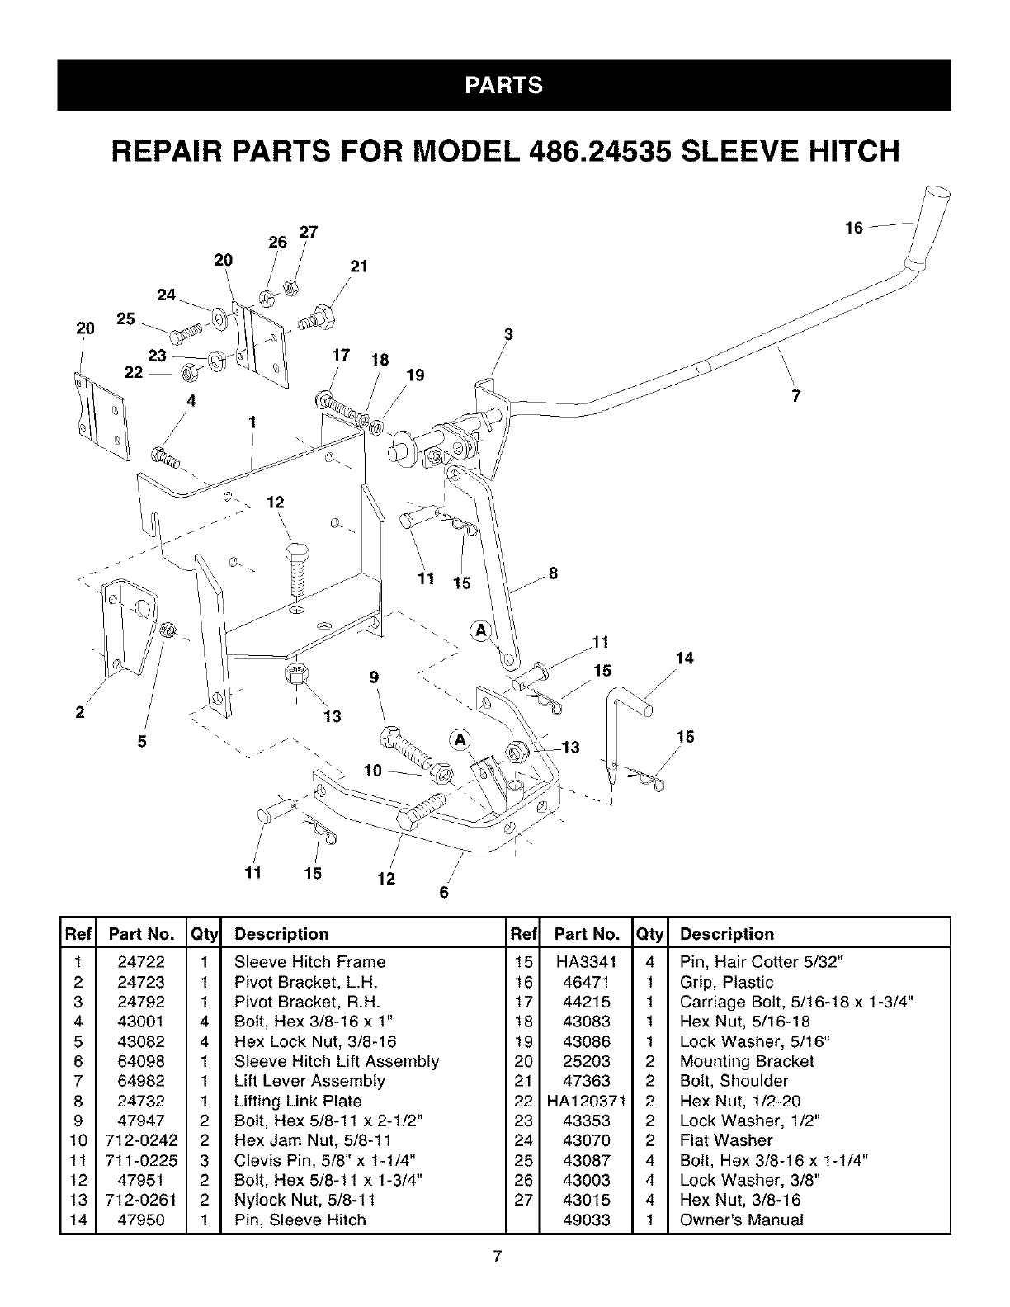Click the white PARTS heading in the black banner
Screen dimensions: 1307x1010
click(503, 86)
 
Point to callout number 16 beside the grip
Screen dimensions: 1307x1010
click(854, 228)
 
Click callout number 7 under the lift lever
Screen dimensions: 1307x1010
click(795, 396)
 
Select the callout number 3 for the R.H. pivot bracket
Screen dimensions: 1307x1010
click(508, 334)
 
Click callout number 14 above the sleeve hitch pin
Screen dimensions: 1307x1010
click(684, 658)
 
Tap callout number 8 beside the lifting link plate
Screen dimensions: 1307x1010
click(554, 573)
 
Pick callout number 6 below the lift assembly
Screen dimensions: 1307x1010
click(443, 892)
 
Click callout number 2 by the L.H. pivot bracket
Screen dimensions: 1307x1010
click(80, 713)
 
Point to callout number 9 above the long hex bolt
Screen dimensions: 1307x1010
click(374, 677)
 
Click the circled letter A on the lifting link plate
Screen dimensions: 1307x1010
click(479, 631)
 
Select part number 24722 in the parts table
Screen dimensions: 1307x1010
click(141, 961)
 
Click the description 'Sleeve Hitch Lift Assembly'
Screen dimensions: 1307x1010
click(336, 1060)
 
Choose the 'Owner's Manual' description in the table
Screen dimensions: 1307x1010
click(741, 1220)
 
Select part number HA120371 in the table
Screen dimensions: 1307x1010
click(587, 1101)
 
